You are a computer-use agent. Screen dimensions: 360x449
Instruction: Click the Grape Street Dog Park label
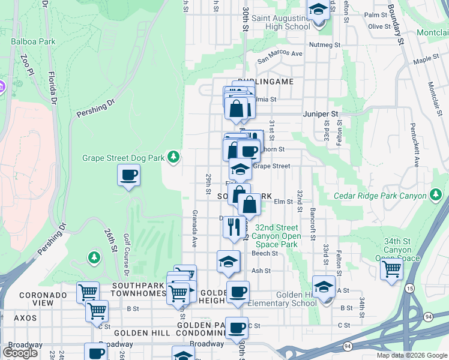pyautogui.click(x=123, y=158)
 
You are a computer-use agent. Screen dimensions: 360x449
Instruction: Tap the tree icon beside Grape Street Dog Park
pyautogui.click(x=173, y=157)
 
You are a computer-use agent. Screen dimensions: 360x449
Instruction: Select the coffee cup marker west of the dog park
pyautogui.click(x=128, y=175)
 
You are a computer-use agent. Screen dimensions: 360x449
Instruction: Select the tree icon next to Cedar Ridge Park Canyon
pyautogui.click(x=436, y=195)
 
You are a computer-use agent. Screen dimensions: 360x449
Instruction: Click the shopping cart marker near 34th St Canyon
pyautogui.click(x=391, y=268)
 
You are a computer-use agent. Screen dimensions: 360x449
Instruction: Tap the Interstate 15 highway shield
pyautogui.click(x=410, y=289)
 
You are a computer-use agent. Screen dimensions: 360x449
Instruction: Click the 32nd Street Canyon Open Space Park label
pyautogui.click(x=276, y=236)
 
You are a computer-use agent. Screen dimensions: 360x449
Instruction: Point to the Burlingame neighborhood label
pyautogui.click(x=265, y=82)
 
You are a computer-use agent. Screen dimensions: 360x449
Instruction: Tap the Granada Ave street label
pyautogui.click(x=195, y=229)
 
